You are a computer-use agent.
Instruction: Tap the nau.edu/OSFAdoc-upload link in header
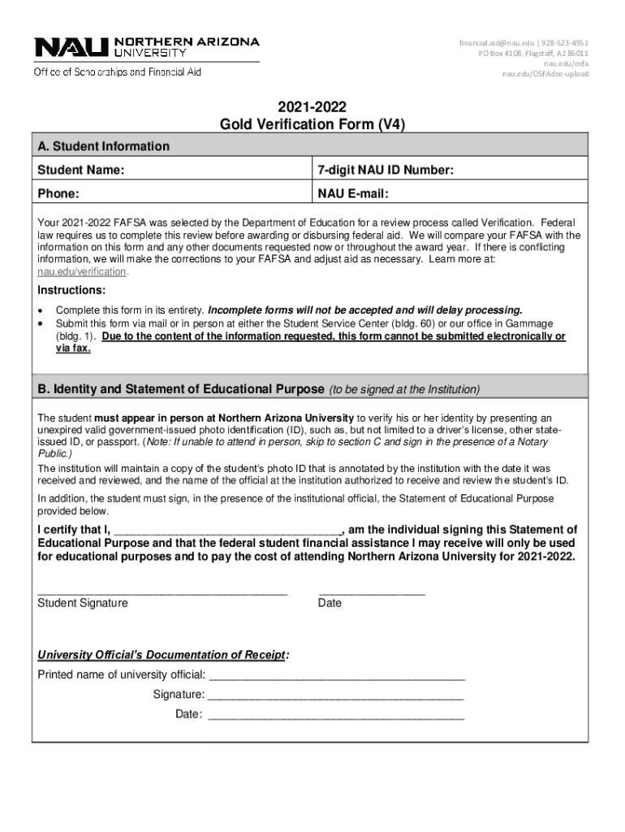click(x=545, y=74)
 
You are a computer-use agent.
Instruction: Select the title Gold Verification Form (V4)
click(x=312, y=124)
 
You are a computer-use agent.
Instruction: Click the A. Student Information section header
click(x=104, y=146)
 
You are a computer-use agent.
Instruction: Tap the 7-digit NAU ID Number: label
click(x=385, y=170)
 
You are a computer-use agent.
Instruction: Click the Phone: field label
click(x=58, y=194)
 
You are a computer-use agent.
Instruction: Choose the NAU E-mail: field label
click(x=353, y=194)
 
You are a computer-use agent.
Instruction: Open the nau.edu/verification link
click(x=82, y=271)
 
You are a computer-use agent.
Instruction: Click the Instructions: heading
click(x=71, y=290)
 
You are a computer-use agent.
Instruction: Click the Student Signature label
click(x=83, y=603)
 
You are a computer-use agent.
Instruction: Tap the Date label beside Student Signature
click(x=330, y=603)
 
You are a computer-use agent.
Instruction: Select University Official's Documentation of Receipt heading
click(x=163, y=655)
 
